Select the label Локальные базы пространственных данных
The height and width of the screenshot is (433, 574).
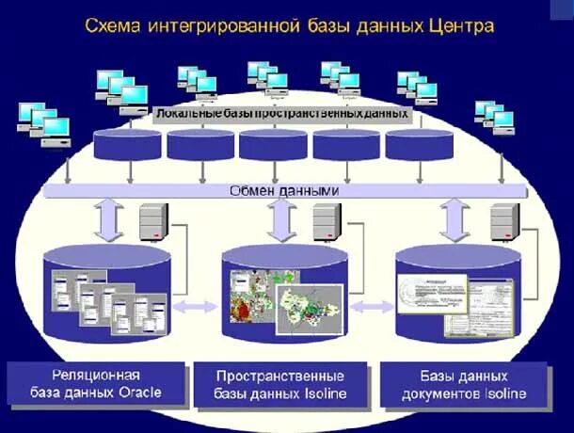pos(281,113)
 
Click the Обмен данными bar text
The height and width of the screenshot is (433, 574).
pos(284,190)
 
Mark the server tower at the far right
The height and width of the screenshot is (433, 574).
pos(503,223)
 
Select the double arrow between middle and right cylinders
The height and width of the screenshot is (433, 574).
pos(373,306)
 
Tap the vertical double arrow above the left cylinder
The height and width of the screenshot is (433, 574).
pos(106,219)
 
